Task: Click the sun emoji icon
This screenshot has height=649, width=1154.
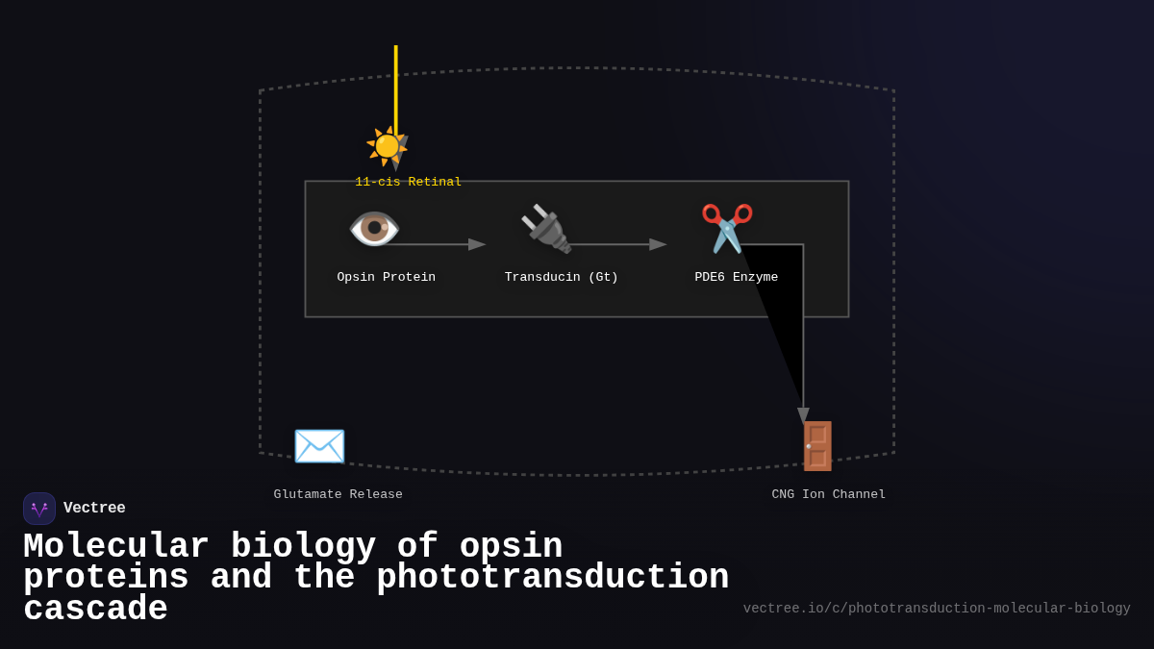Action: (387, 146)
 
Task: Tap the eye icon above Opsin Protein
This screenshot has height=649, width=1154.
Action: (374, 229)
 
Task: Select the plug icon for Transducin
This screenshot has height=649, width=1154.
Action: (546, 229)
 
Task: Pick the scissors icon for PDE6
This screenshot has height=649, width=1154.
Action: (727, 228)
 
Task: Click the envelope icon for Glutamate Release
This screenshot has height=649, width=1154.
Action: (319, 446)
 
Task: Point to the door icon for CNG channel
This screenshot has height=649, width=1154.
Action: (817, 446)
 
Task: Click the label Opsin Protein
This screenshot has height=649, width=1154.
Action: (386, 278)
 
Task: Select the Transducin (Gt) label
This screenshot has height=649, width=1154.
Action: (562, 278)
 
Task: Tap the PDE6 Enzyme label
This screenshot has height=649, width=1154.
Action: (737, 278)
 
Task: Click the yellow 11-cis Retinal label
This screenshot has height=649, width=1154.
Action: (408, 183)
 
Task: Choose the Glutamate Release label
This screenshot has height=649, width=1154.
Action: (339, 495)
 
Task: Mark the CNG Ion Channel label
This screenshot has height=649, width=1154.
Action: (829, 495)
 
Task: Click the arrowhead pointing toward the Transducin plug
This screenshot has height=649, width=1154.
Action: (477, 244)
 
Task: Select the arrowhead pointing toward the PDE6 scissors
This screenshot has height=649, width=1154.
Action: (658, 244)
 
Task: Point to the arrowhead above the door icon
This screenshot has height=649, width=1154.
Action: (803, 415)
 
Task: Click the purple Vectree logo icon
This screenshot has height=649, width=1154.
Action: (39, 509)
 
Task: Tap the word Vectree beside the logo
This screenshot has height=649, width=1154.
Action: (94, 509)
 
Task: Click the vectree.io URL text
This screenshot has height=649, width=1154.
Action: (937, 609)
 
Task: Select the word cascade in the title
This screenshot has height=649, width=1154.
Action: (95, 610)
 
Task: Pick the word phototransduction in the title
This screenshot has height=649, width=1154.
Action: (552, 578)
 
